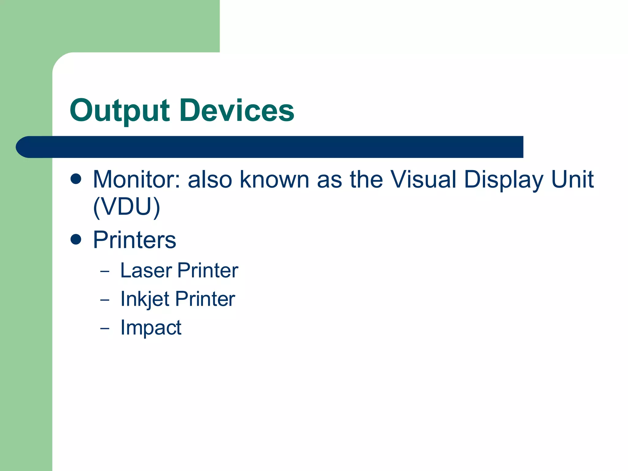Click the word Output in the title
pyautogui.click(x=120, y=111)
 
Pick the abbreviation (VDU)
pyautogui.click(x=126, y=207)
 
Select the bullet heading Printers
pyautogui.click(x=135, y=240)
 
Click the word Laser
pyautogui.click(x=146, y=270)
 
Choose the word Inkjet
pyautogui.click(x=145, y=299)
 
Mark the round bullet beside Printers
pyautogui.click(x=76, y=239)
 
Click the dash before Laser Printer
pyautogui.click(x=105, y=271)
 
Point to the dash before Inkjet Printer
pyautogui.click(x=105, y=300)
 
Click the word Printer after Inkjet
pyautogui.click(x=205, y=299)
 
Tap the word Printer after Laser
pyautogui.click(x=208, y=270)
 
